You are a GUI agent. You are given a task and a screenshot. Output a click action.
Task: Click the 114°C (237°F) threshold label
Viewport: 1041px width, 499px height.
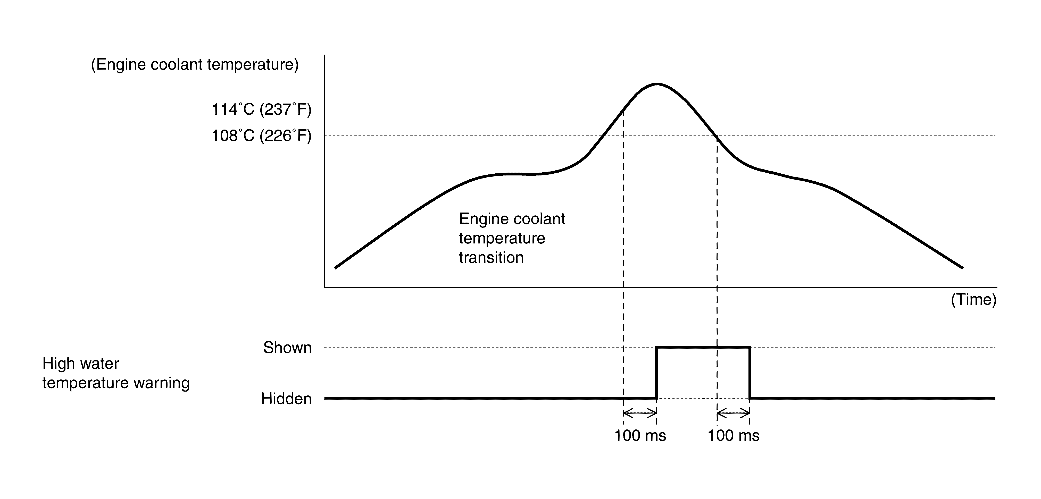(x=261, y=109)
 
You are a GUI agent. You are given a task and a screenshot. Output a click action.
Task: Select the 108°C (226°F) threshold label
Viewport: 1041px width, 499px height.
(x=261, y=136)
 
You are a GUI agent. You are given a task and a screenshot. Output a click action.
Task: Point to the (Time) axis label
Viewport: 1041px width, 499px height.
(x=973, y=299)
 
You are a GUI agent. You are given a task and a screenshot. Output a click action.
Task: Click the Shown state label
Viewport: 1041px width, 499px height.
(x=287, y=348)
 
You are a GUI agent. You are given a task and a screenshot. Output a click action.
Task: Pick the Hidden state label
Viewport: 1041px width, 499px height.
(x=286, y=399)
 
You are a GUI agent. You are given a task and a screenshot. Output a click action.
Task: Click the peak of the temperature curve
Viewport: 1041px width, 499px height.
(x=657, y=84)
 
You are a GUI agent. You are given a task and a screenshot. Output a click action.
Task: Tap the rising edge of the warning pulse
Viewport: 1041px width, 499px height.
(x=656, y=373)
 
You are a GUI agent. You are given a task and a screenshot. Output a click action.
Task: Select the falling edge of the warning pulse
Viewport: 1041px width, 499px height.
(x=750, y=373)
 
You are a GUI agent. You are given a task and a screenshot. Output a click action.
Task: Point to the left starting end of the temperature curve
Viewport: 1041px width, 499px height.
(x=335, y=267)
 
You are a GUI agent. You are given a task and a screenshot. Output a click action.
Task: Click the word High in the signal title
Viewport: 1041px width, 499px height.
(x=58, y=364)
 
